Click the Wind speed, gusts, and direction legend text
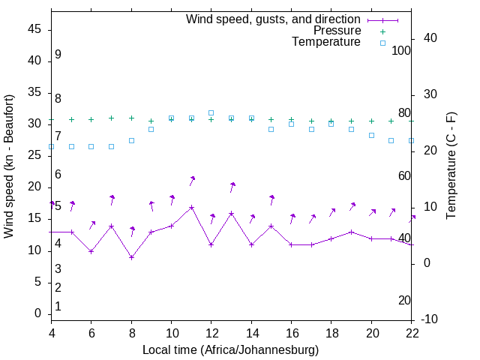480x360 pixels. (273, 19)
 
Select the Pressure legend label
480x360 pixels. (337, 31)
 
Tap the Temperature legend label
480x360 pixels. (326, 42)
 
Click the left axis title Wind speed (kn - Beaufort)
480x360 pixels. (9, 166)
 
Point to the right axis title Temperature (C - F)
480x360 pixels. (451, 166)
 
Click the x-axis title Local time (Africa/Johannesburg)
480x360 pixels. (231, 349)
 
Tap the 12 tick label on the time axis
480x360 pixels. (211, 332)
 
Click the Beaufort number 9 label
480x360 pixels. (58, 55)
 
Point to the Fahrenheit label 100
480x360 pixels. (401, 50)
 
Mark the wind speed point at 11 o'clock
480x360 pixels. (191, 207)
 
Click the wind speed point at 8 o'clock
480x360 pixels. (131, 257)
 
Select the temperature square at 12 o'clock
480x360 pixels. (211, 112)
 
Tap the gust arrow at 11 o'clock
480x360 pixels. (192, 180)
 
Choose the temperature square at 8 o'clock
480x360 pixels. (131, 140)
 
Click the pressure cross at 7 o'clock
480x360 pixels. (111, 118)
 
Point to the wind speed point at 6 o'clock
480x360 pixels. (91, 251)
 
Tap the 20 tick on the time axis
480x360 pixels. (371, 332)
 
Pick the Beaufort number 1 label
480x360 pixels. (58, 307)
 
